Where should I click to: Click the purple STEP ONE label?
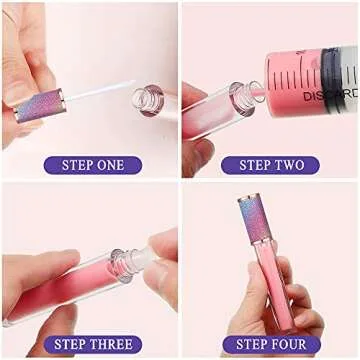point(92,164)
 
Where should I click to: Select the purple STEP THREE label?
point(92,344)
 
